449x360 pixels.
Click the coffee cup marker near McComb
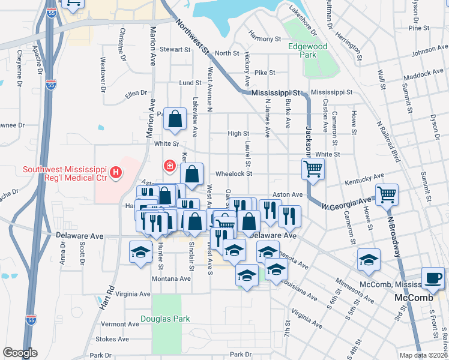(432, 277)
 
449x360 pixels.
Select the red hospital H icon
(116, 174)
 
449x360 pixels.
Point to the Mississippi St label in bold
(275, 93)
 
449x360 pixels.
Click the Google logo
(20, 353)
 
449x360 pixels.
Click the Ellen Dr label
(136, 93)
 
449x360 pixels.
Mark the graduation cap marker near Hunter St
(140, 253)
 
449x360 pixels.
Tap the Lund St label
(190, 83)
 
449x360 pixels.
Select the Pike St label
(264, 73)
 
